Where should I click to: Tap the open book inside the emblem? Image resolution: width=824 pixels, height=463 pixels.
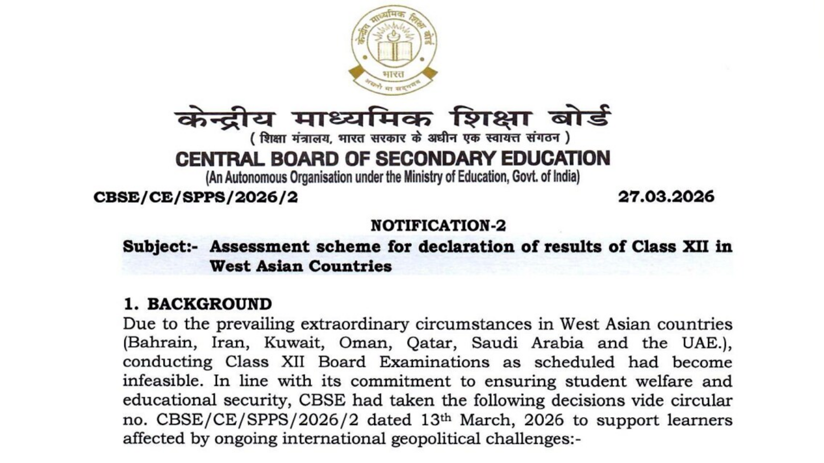[394, 52]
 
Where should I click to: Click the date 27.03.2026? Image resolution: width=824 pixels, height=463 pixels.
[666, 197]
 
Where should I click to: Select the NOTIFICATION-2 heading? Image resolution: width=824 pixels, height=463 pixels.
[438, 226]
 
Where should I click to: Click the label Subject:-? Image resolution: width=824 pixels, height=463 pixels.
[160, 247]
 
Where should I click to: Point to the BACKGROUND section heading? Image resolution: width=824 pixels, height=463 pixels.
[209, 304]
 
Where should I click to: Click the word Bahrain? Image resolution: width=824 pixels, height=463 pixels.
[162, 343]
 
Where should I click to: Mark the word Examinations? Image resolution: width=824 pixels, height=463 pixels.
[434, 362]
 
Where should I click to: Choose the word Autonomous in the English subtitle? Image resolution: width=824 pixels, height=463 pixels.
[256, 177]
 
